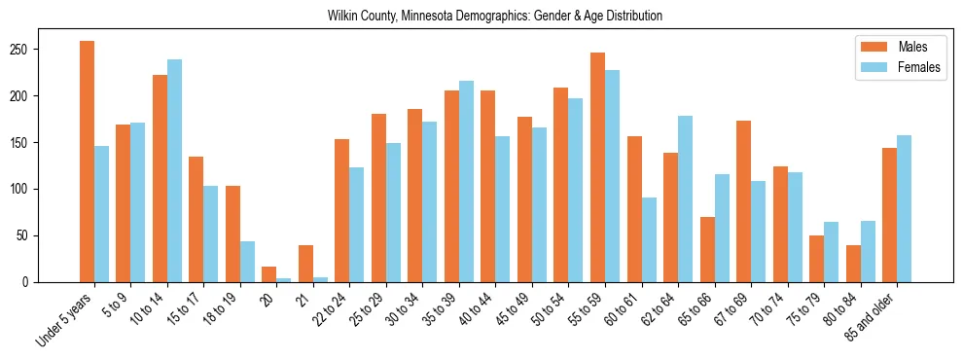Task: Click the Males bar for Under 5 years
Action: [87, 162]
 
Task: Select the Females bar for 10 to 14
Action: [174, 171]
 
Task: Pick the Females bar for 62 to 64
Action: [685, 199]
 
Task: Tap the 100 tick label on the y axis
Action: [26, 190]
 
